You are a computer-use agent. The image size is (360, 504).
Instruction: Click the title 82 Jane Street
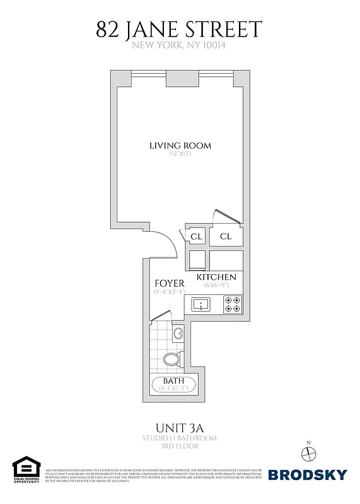click(x=179, y=28)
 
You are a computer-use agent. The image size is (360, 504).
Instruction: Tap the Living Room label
click(x=180, y=146)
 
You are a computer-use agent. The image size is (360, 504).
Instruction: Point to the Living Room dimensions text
click(x=180, y=154)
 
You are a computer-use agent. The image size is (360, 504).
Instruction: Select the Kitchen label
click(x=216, y=277)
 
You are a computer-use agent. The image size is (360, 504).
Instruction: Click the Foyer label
click(x=170, y=283)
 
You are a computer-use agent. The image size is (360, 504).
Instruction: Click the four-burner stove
click(x=232, y=306)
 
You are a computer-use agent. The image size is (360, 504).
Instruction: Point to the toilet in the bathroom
click(x=171, y=360)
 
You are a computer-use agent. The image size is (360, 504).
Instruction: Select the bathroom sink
click(x=177, y=333)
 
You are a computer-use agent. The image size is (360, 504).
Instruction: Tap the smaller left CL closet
click(x=196, y=237)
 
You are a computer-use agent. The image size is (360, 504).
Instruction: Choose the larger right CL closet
click(x=226, y=237)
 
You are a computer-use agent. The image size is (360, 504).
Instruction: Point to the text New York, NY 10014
click(x=180, y=45)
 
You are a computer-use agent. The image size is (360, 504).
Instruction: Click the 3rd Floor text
click(x=180, y=446)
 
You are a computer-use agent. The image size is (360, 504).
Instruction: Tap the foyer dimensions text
click(x=169, y=292)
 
